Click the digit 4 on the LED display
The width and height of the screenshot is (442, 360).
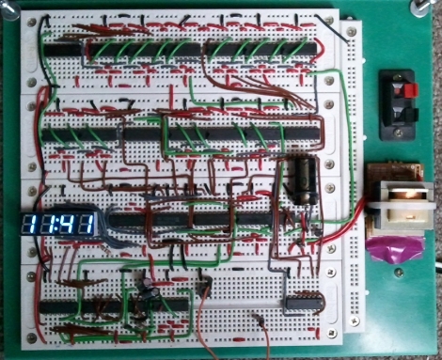67,224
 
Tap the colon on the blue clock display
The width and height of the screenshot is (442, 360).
55,224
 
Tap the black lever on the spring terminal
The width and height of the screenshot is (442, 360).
411,115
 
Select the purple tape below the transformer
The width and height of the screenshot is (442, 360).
397,249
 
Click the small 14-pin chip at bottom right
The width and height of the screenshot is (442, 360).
304,303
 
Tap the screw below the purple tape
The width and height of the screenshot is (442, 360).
399,273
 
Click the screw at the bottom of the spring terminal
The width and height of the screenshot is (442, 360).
398,133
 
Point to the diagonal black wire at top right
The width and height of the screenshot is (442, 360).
333,30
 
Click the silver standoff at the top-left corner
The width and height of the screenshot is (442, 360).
9,10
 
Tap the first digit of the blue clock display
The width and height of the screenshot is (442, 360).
29,224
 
